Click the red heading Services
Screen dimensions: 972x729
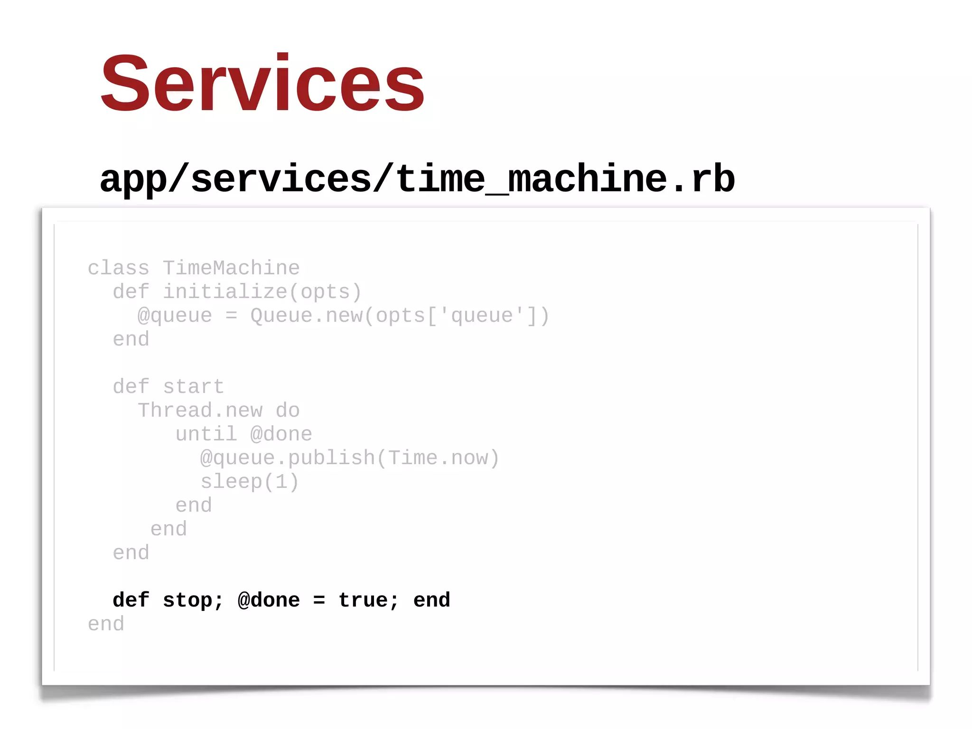coord(262,84)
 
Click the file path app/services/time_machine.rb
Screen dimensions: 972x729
coord(417,179)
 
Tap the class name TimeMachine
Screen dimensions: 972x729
coord(231,268)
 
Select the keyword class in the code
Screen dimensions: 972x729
coord(118,268)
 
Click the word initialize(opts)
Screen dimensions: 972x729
coord(262,292)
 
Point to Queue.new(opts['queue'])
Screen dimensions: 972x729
coord(400,316)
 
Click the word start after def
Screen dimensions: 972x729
coord(194,387)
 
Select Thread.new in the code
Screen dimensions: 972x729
coord(200,411)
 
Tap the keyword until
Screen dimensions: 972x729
coord(206,434)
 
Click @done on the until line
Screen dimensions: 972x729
coord(281,434)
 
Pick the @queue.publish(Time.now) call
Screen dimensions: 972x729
coord(350,458)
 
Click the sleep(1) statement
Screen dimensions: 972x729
coord(250,482)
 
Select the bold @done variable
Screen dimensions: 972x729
coord(269,600)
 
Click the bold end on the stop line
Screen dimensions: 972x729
coord(431,600)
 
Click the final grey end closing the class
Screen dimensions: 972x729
coord(106,624)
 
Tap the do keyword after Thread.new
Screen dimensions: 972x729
coord(288,411)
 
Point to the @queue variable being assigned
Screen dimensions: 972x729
coord(175,316)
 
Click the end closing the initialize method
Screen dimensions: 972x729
coord(131,339)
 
